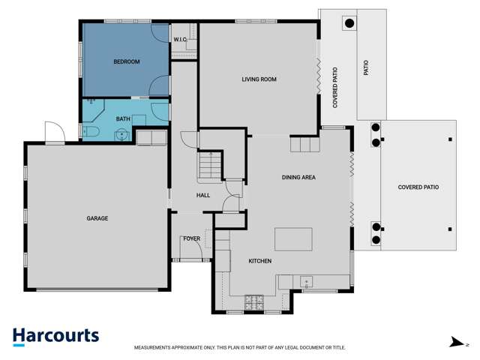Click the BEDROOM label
tap(127, 61)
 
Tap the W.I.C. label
tap(180, 39)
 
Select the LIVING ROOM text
tap(259, 79)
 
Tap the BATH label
tap(124, 118)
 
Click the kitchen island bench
tap(292, 239)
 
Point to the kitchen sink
tap(306, 282)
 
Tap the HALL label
tap(202, 196)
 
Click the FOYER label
tap(191, 238)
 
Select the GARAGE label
tap(97, 218)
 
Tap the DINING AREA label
tap(298, 178)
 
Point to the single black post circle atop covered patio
tap(349, 22)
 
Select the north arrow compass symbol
tap(454, 343)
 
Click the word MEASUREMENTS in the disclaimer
tap(156, 348)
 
